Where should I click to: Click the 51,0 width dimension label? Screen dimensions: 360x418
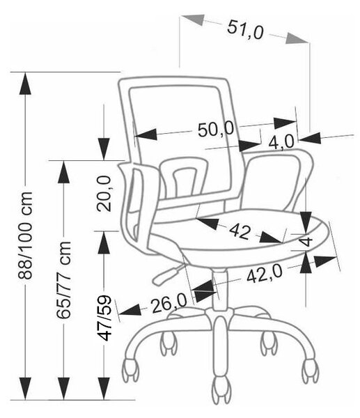245,29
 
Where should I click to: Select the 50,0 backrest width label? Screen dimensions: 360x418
216,130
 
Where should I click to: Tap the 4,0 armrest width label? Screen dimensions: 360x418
281,142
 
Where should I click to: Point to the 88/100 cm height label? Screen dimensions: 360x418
25,235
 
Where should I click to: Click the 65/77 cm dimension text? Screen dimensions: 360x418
64,280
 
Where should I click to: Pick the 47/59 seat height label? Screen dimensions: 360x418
104,318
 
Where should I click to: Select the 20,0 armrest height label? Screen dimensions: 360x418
104,194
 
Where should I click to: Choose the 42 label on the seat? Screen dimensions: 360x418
240,231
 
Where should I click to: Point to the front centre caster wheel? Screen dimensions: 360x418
221,391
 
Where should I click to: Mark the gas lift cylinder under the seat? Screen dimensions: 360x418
220,291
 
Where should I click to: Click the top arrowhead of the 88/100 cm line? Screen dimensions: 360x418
25,84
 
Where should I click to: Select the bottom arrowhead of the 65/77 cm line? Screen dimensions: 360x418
64,389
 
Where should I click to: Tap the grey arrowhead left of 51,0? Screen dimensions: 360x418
192,20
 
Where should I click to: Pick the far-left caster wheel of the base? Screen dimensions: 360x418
131,371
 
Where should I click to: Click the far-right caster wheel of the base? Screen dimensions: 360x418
310,371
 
